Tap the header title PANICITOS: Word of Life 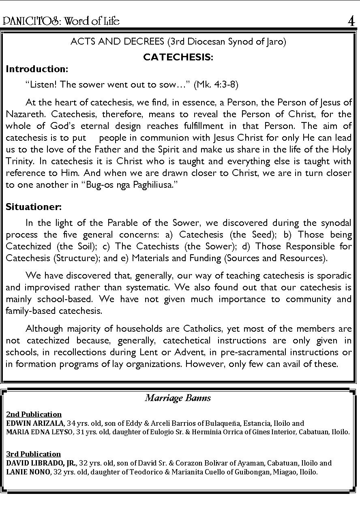point(61,21)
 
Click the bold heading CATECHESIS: point(178,57)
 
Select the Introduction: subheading point(37,69)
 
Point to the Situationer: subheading point(34,207)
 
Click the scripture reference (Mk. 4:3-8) point(216,84)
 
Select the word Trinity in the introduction point(20,161)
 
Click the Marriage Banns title point(178,398)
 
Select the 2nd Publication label point(34,414)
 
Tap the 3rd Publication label point(33,454)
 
